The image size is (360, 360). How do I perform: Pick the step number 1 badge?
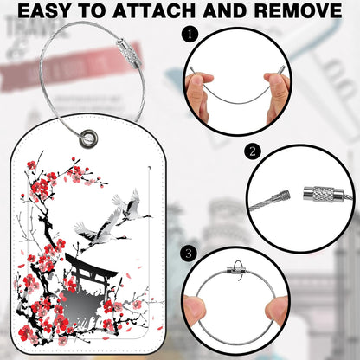click(190, 36)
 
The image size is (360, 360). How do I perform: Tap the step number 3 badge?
click(190, 254)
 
